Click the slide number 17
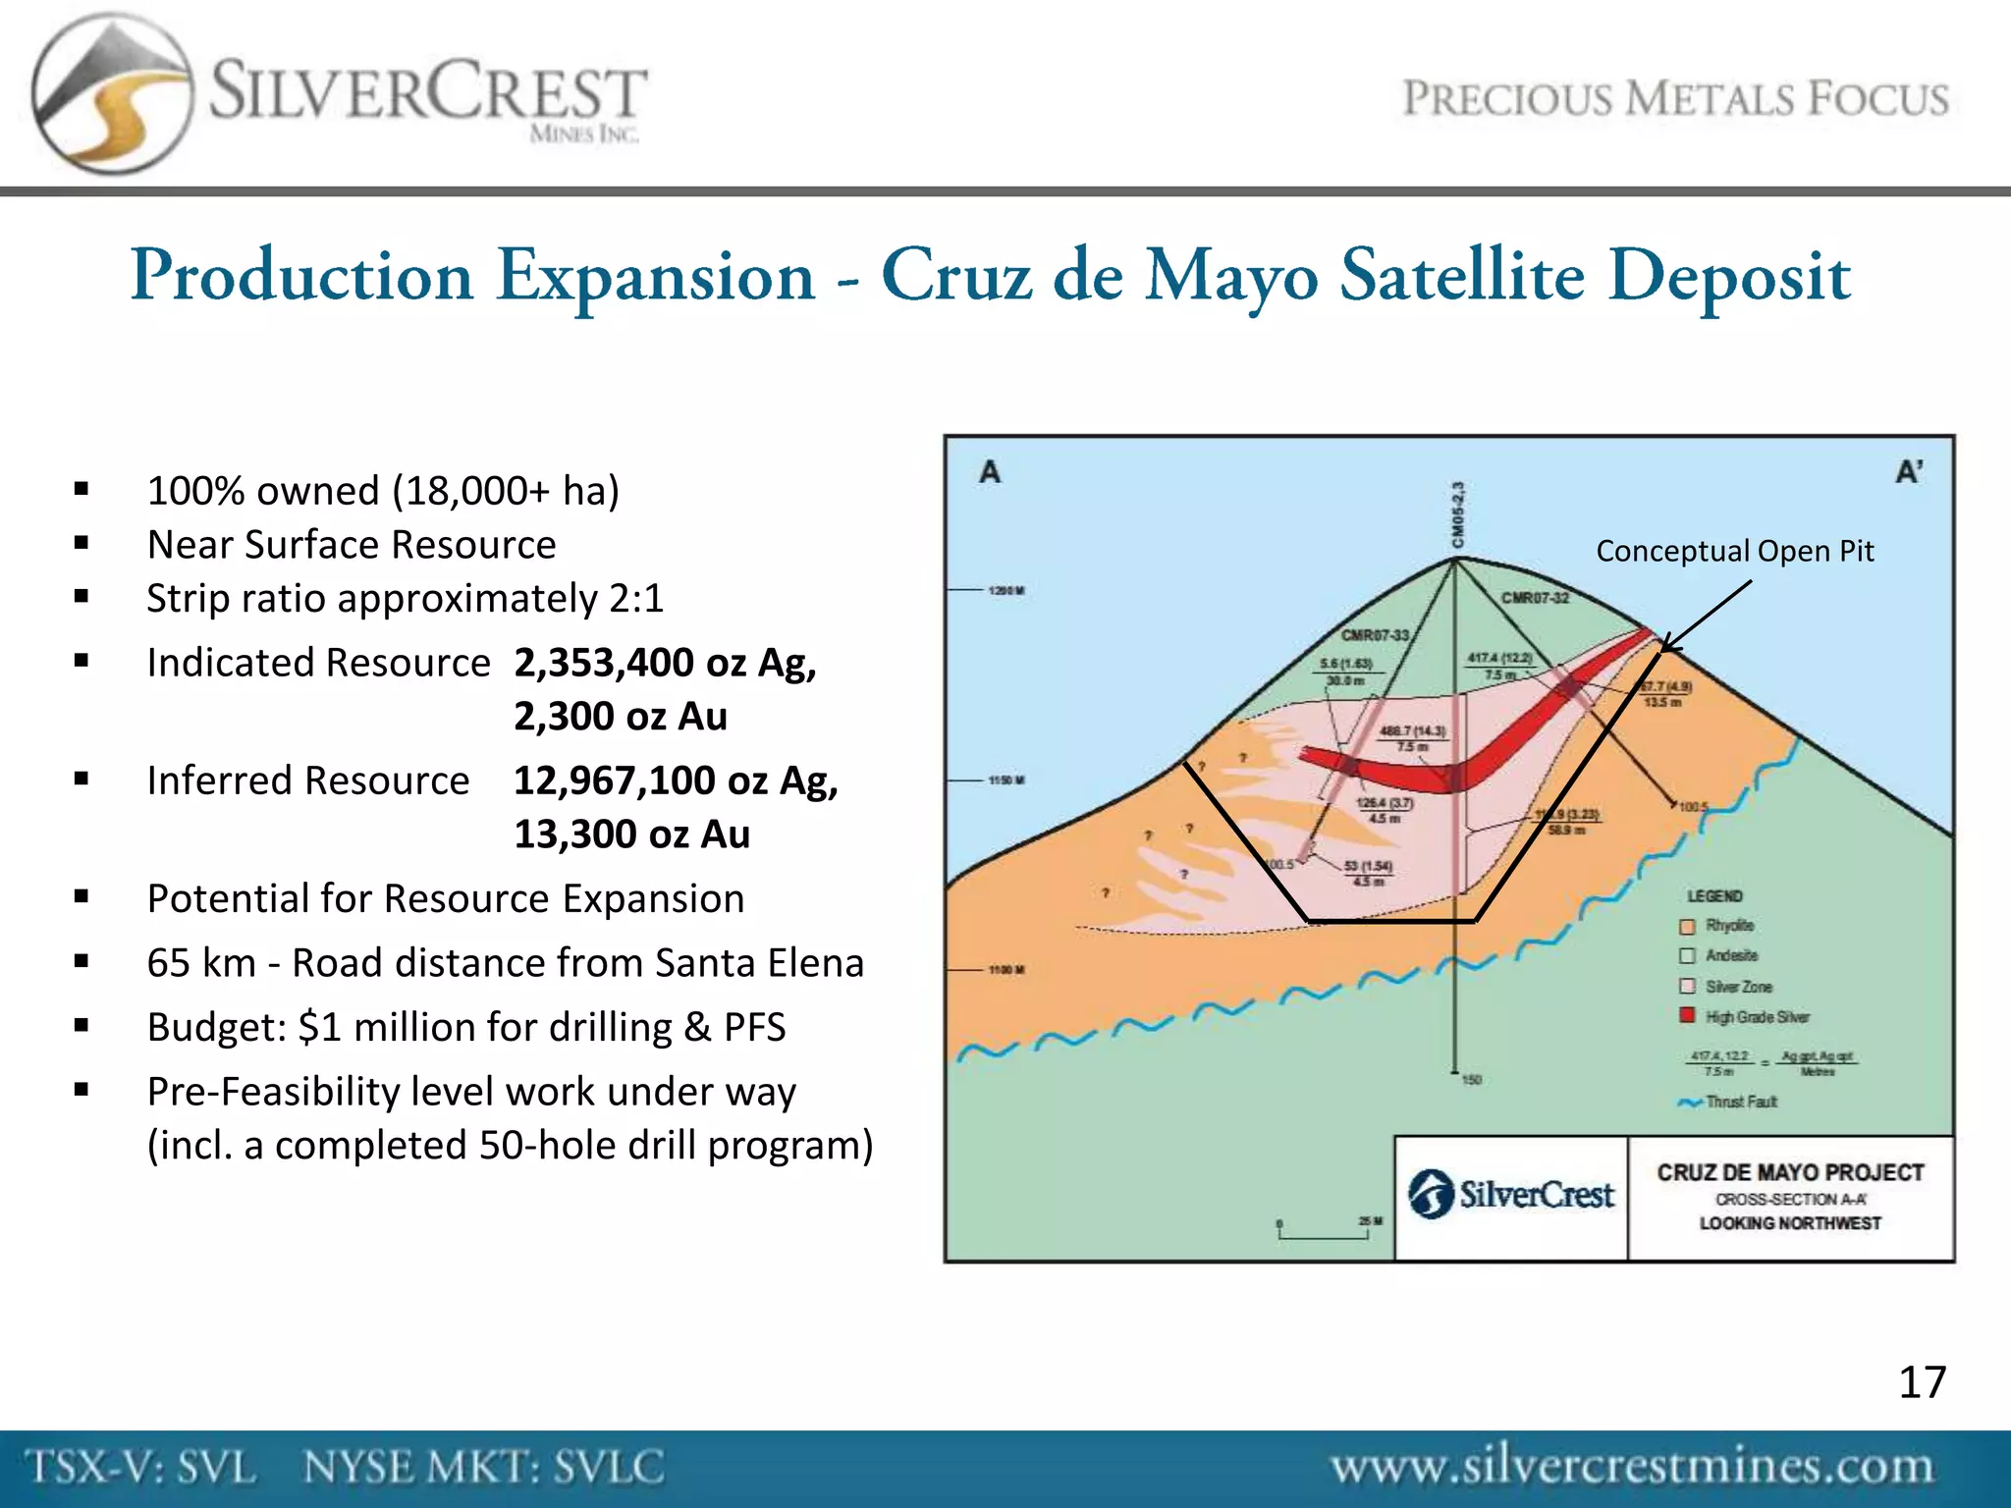pyautogui.click(x=1922, y=1382)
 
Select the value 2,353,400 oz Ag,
pyautogui.click(x=665, y=663)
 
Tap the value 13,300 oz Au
pyautogui.click(x=631, y=835)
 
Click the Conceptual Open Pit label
pyautogui.click(x=1734, y=551)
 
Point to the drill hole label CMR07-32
pyautogui.click(x=1535, y=598)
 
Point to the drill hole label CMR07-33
pyautogui.click(x=1375, y=635)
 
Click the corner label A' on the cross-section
pyautogui.click(x=1909, y=472)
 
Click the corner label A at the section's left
pyautogui.click(x=990, y=472)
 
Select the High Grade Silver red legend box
pyautogui.click(x=1687, y=1015)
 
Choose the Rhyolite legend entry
pyautogui.click(x=1728, y=926)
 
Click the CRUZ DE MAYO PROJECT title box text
pyautogui.click(x=1790, y=1172)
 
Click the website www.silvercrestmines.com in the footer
pyautogui.click(x=1631, y=1468)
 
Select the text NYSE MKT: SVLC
pyautogui.click(x=483, y=1468)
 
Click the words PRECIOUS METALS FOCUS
pyautogui.click(x=1675, y=99)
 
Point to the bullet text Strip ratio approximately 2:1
pyautogui.click(x=405, y=598)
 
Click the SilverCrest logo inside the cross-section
pyautogui.click(x=1511, y=1195)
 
